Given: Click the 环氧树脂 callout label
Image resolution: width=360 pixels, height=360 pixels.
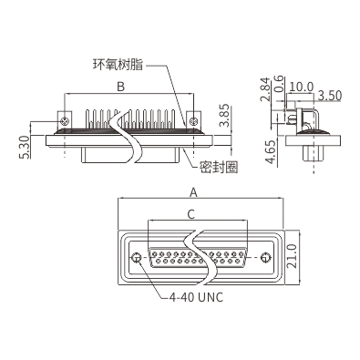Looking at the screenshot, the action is (x=118, y=65).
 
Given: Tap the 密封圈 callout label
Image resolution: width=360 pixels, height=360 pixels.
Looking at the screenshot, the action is (x=219, y=167).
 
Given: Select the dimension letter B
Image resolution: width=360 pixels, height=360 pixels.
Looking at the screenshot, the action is (x=121, y=87).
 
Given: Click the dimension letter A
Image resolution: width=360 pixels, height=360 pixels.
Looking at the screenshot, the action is (x=193, y=192).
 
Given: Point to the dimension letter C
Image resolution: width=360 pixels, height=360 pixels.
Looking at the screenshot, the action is (x=190, y=214).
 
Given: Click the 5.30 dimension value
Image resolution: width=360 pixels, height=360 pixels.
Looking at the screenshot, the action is (x=26, y=147).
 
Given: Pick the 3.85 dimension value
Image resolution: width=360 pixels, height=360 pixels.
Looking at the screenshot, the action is (x=225, y=116).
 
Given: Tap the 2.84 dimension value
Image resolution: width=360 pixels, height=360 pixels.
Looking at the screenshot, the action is (x=265, y=89).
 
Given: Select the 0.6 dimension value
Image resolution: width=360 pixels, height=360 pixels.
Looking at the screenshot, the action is (x=279, y=84).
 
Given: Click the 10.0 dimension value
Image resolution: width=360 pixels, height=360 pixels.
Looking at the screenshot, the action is (x=301, y=87).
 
